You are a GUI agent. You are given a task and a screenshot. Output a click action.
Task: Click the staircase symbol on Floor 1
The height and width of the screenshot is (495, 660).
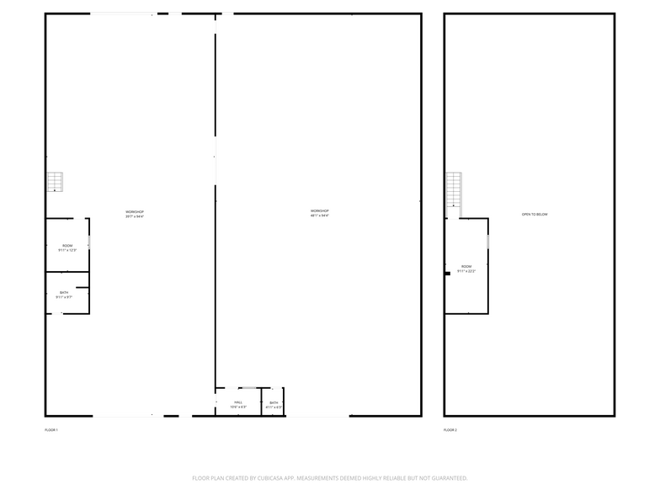(55, 182)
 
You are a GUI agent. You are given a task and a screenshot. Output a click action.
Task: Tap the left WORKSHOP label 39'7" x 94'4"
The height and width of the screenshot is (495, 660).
(135, 214)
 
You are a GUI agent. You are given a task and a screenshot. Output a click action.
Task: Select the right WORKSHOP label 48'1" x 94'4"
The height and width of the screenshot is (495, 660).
(319, 213)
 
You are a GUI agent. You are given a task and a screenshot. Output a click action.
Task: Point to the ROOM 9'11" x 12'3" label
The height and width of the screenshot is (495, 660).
(67, 247)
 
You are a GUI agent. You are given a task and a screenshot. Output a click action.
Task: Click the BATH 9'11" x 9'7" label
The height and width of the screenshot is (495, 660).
(64, 295)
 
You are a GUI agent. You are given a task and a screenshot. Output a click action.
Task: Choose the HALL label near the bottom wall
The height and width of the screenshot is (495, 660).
(238, 405)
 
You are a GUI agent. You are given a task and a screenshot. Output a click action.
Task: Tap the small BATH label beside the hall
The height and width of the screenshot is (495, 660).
(274, 405)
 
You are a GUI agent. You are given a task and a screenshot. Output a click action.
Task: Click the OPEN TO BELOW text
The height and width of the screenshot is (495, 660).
(535, 215)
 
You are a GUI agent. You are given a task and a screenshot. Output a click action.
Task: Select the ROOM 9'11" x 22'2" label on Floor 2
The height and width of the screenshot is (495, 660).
(466, 269)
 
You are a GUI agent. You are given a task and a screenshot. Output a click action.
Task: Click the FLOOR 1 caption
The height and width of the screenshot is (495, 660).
(51, 430)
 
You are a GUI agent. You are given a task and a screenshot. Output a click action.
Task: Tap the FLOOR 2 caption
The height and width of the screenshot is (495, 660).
(451, 430)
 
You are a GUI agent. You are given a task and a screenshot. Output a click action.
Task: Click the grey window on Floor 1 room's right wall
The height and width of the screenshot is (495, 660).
(89, 242)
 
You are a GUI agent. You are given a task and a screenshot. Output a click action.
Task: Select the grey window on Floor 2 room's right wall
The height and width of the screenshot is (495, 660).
(487, 241)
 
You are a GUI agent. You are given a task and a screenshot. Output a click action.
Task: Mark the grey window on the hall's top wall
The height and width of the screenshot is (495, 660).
(248, 388)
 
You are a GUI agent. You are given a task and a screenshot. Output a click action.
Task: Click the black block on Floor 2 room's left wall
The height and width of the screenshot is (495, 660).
(448, 273)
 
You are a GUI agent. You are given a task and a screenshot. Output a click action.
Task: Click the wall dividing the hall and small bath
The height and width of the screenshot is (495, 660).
(261, 402)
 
